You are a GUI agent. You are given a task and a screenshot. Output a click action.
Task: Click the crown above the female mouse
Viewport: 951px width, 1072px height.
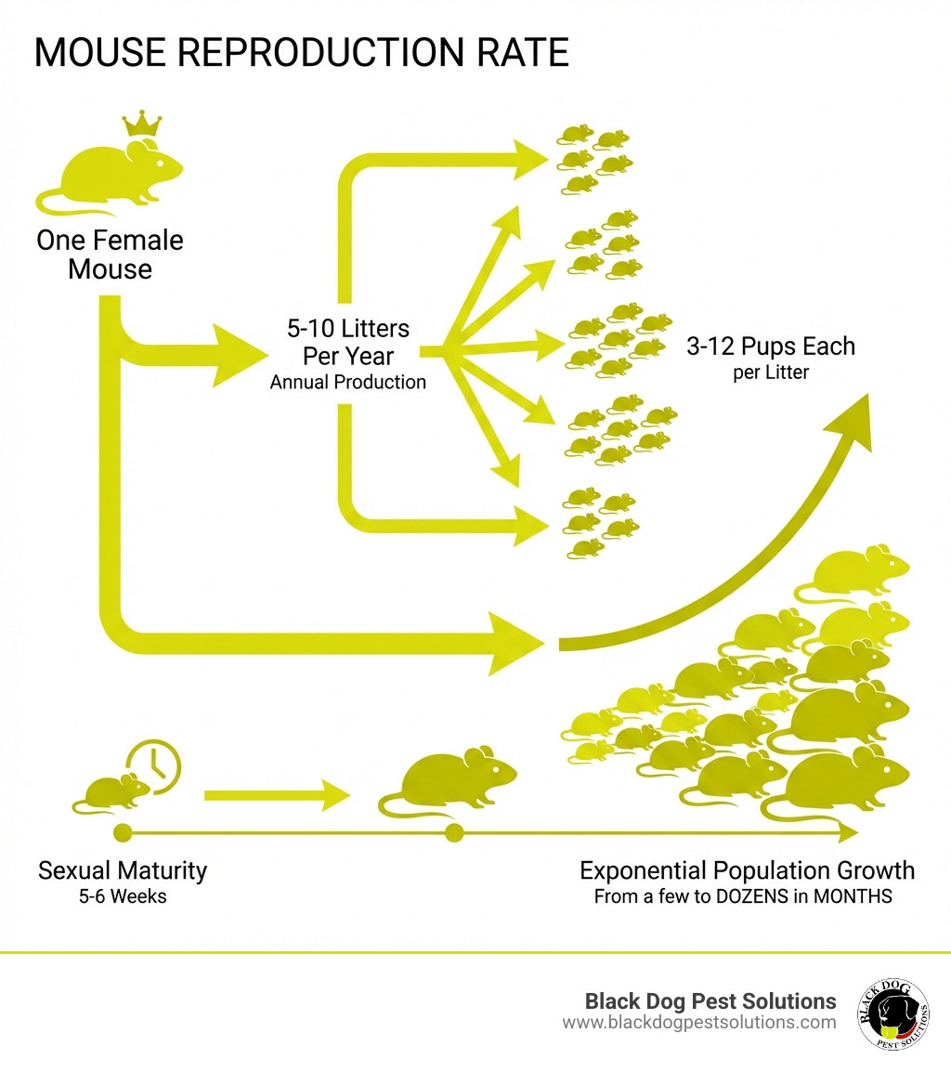pos(142,124)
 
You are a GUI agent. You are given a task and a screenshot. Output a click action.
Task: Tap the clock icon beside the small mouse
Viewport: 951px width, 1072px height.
pos(155,765)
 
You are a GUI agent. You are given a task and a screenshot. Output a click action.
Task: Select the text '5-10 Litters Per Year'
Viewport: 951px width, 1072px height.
pos(348,343)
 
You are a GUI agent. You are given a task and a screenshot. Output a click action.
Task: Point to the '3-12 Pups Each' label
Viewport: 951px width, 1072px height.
pos(771,346)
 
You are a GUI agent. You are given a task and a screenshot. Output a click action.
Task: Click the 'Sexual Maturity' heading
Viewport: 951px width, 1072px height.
pos(123,871)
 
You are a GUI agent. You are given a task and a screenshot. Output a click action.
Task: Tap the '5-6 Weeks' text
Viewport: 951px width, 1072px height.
pos(123,896)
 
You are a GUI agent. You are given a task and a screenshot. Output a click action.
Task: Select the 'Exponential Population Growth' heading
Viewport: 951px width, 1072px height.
pos(747,871)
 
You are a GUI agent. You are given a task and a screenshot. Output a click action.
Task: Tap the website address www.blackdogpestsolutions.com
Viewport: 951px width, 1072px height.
pos(698,1023)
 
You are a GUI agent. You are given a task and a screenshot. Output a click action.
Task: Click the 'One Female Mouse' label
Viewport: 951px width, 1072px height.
pos(110,255)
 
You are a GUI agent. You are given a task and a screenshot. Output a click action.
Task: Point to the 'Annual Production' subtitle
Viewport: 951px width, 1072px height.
pos(348,382)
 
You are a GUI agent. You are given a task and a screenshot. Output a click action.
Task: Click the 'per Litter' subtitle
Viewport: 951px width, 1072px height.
pos(771,373)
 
